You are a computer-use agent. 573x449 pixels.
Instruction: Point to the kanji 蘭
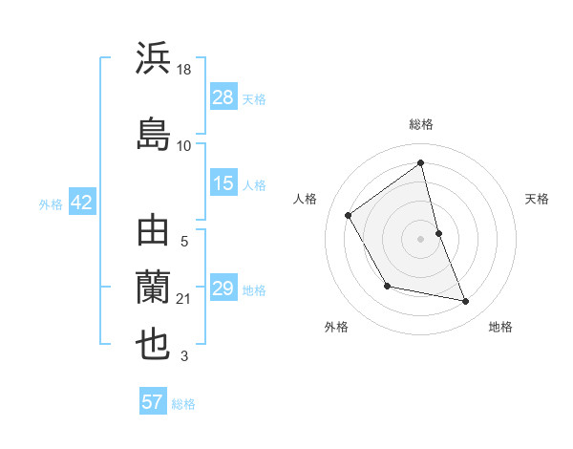[x=154, y=288]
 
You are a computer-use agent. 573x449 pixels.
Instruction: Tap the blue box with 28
[x=223, y=98]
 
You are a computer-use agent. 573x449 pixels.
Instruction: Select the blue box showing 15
[x=223, y=183]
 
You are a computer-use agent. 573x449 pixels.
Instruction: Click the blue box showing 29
[x=223, y=289]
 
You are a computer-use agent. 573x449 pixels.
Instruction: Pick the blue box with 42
[x=81, y=203]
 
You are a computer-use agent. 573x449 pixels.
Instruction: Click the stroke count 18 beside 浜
[x=184, y=71]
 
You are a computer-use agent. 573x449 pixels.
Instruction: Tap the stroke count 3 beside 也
[x=184, y=357]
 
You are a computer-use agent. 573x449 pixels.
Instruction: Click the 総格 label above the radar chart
[x=421, y=124]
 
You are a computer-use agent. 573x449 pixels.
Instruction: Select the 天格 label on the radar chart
[x=537, y=199]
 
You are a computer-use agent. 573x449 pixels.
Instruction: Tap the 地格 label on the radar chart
[x=500, y=327]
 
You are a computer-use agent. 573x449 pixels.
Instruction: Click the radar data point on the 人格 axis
[x=349, y=215]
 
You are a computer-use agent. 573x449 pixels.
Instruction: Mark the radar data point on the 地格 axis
[x=466, y=302]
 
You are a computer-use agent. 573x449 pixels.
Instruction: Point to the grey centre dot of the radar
[x=421, y=238]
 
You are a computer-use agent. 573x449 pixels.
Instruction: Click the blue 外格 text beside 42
[x=50, y=203]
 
